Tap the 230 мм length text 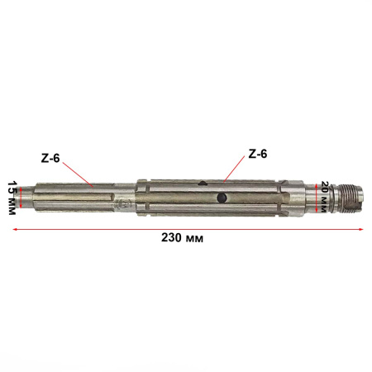pyautogui.click(x=184, y=237)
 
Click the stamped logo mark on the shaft pyautogui.click(x=124, y=202)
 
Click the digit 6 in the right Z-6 pyautogui.click(x=264, y=154)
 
